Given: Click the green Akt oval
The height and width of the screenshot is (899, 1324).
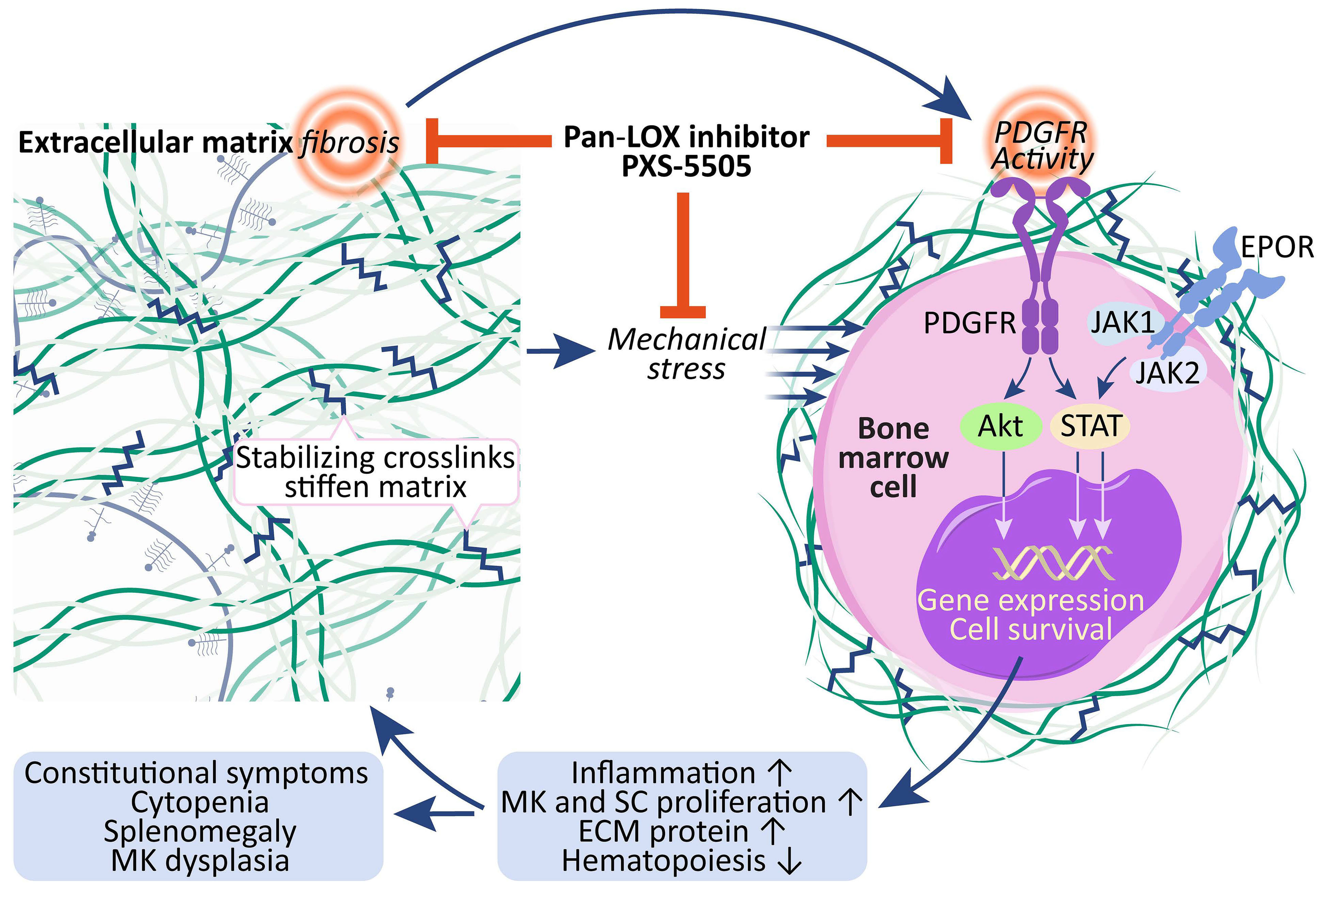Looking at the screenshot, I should pyautogui.click(x=1000, y=426).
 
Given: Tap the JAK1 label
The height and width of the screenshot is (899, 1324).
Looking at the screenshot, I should pyautogui.click(x=1122, y=322).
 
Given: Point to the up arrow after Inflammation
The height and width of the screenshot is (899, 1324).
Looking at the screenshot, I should pyautogui.click(x=779, y=773).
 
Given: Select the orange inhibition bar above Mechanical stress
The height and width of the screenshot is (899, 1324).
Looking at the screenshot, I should pyautogui.click(x=683, y=256).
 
